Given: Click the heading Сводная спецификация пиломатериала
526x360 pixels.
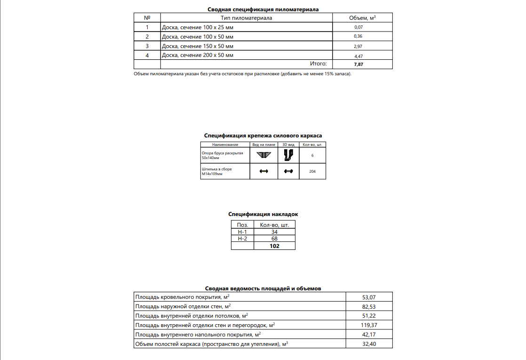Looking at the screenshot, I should point(263,9).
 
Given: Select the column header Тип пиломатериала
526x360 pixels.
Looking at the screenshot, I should point(247,18).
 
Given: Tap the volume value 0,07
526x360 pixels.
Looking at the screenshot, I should point(359,27).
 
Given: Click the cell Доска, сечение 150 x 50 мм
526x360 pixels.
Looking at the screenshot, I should point(198,46).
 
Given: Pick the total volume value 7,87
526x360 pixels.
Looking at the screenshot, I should point(359,64).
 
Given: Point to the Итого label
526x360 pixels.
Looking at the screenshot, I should point(318,64).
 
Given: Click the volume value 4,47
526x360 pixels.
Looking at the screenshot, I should point(359,56).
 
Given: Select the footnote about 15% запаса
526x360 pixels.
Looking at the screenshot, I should point(242,74).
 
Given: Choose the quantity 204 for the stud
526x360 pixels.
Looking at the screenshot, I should point(312,171).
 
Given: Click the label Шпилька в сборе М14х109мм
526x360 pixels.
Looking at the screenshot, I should point(217,171).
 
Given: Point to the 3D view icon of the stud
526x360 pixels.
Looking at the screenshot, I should point(288,171).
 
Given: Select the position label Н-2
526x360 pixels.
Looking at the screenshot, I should point(242,239).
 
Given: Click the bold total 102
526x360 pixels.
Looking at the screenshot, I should point(274,246).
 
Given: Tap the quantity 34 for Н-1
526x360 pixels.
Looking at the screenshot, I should point(274,232).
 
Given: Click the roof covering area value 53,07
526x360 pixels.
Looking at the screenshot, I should point(369,297).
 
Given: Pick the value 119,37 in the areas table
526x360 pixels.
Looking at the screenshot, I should point(369,325).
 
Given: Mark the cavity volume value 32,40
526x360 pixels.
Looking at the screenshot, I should point(369,344).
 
